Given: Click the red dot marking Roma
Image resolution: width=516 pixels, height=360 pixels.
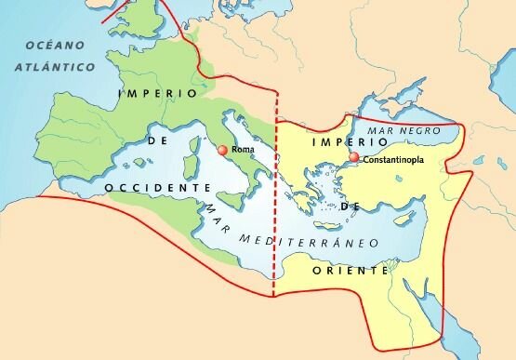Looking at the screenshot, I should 221,150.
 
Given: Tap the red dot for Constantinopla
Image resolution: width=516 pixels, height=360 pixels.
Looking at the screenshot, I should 354,159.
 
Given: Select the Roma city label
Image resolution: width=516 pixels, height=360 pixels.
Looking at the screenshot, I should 242,150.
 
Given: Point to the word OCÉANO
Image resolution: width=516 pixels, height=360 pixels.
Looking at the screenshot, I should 55,46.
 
